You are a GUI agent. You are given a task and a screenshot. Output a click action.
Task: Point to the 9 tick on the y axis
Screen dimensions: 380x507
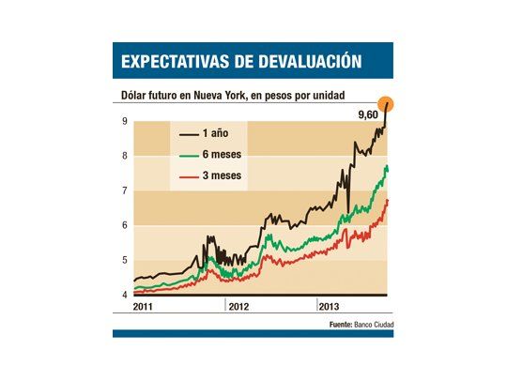pos(124,121)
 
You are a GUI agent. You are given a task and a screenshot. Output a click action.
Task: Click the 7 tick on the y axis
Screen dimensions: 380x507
pos(124,191)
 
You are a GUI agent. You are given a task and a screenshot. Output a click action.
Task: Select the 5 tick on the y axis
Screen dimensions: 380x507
pos(124,261)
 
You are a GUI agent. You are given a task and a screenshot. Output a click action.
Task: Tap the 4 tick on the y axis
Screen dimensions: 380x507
pos(124,296)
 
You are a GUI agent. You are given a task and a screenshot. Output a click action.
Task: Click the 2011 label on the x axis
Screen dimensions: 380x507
pos(146,307)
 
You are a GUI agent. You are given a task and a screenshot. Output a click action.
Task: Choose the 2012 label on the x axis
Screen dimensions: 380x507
pos(239,307)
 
